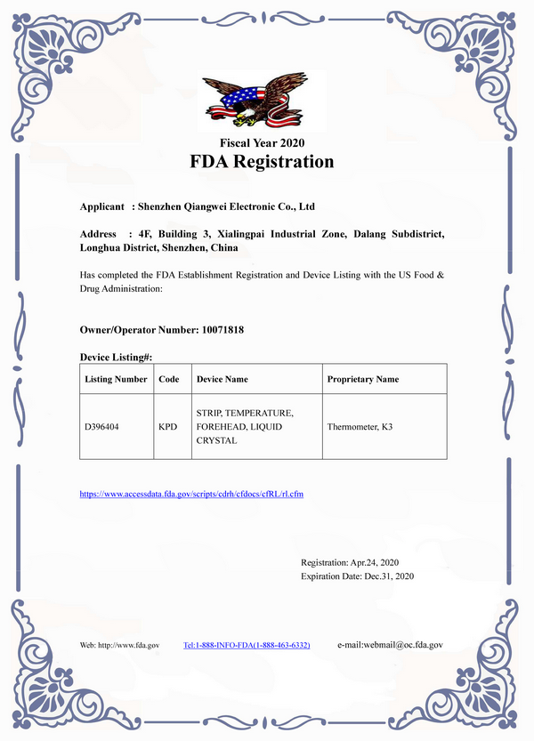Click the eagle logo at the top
[x=263, y=99]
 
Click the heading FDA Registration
[x=262, y=162]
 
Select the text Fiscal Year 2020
[x=262, y=142]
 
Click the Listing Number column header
[x=116, y=379]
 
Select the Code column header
[x=168, y=379]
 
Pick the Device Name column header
[x=222, y=379]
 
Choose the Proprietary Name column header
[x=363, y=379]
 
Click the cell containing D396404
[x=102, y=427]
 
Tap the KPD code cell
[x=167, y=427]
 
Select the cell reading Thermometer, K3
[x=360, y=427]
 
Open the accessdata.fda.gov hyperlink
[x=192, y=492]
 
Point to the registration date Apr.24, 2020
[x=374, y=563]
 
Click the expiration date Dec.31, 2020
[x=383, y=576]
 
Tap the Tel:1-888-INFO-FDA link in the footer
[x=247, y=644]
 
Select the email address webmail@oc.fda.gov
[x=391, y=644]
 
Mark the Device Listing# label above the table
[x=117, y=357]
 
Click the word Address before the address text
[x=99, y=234]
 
